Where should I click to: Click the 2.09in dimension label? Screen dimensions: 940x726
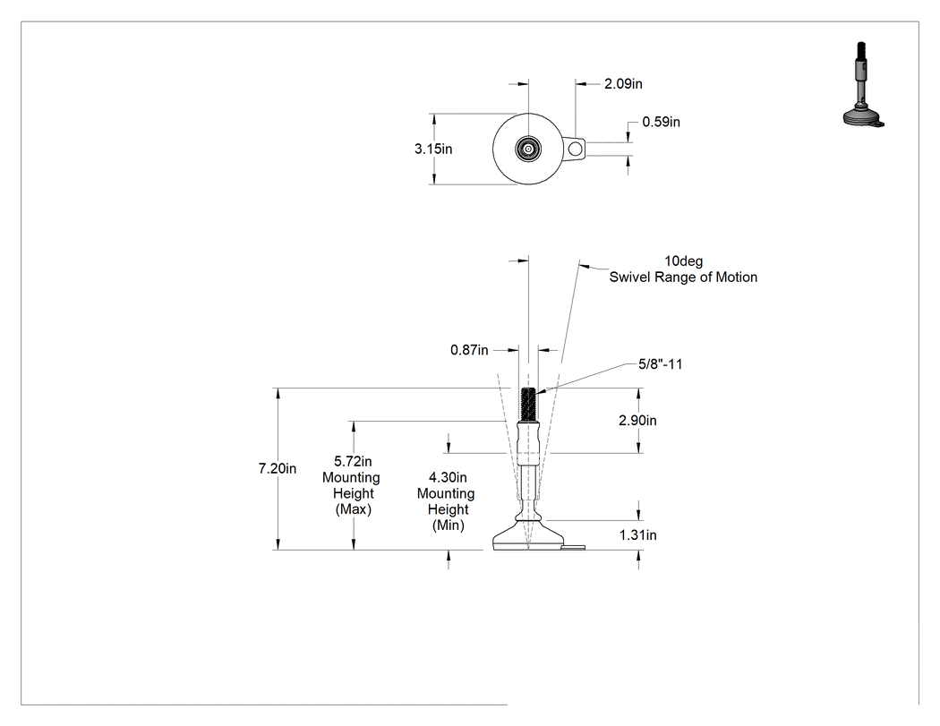click(x=623, y=84)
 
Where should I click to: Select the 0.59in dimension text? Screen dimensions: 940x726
click(x=662, y=123)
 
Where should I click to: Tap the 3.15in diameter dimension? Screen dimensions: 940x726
click(x=433, y=149)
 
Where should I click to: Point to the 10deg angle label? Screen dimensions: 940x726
click(x=683, y=261)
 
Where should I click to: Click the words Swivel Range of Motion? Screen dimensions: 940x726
click(x=683, y=278)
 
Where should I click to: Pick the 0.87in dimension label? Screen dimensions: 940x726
click(x=469, y=350)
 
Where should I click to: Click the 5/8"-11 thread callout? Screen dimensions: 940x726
click(x=660, y=364)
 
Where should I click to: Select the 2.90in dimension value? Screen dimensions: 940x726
click(x=637, y=421)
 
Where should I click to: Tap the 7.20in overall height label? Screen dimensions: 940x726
click(x=278, y=469)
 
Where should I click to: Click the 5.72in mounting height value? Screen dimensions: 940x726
click(x=353, y=462)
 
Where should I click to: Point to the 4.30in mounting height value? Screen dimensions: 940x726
click(x=448, y=478)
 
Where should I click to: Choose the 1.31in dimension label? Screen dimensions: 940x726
click(x=637, y=535)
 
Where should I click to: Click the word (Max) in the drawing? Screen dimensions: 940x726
click(x=353, y=509)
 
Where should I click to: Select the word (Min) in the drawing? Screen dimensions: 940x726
click(x=449, y=525)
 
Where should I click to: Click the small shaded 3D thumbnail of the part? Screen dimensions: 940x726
click(x=863, y=84)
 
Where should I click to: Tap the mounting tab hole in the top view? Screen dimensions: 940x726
click(x=575, y=149)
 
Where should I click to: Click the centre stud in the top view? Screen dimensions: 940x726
click(x=528, y=149)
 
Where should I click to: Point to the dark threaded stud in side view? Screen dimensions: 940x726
click(x=528, y=405)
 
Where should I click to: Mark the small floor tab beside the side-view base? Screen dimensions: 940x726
click(x=574, y=547)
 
